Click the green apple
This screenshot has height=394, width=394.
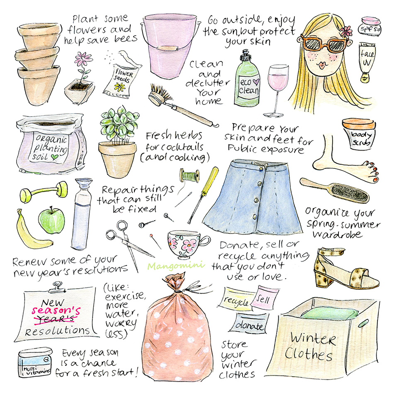click(x=51, y=220)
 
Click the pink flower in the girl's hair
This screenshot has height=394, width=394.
click(x=346, y=31)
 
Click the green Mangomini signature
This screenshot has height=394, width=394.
click(x=176, y=265)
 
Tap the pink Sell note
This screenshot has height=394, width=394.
click(x=265, y=298)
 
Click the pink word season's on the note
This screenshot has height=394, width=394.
click(x=56, y=311)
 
